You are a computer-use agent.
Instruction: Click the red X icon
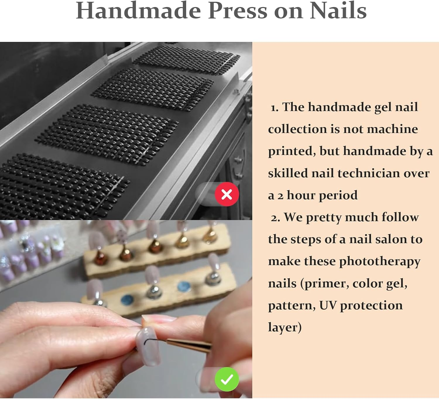pos(227,194)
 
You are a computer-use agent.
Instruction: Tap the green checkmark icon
pos(227,379)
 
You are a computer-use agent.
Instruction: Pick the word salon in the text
pos(392,239)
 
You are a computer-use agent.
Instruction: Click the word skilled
pos(288,173)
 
